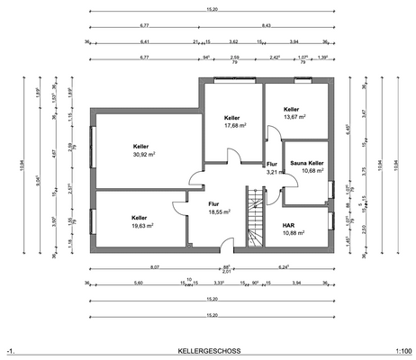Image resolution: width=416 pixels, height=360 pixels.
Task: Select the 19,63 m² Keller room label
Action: point(139,227)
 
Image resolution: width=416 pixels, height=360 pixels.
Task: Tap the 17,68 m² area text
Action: point(232,126)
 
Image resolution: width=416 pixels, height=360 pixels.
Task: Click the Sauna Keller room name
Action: point(306,163)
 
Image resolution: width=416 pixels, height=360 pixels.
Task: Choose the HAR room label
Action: point(288,224)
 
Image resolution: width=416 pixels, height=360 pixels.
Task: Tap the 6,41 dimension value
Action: point(144,41)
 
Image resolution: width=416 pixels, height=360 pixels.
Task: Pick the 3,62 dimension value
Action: point(233,41)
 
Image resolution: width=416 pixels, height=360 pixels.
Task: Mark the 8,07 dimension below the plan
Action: point(154,267)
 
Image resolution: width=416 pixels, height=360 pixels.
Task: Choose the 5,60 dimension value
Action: point(138,283)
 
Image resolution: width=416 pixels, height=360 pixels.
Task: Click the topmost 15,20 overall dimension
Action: point(211,10)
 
